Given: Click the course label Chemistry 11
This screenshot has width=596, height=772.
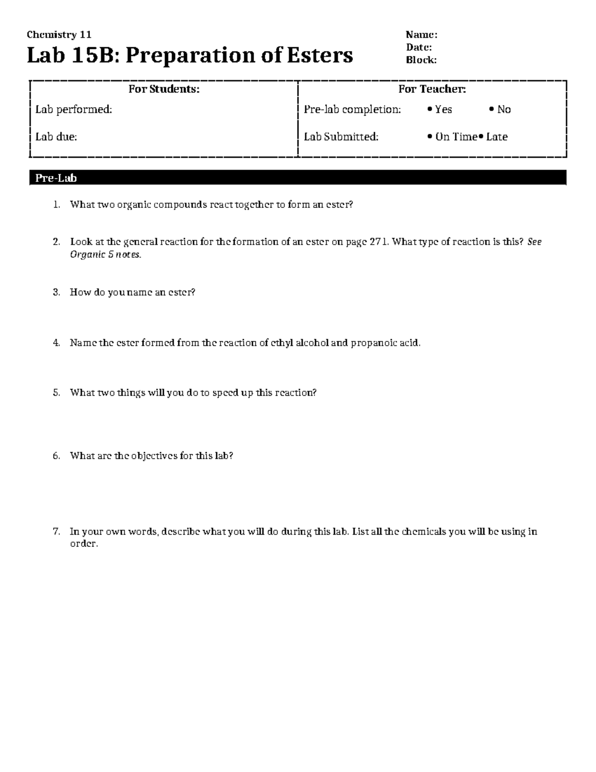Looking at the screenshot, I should coord(59,35).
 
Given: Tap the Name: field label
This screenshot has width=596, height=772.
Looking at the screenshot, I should coord(421,35).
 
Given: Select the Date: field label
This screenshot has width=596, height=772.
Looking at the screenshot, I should coord(419,47).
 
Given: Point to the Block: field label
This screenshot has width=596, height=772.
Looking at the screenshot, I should coord(421,60).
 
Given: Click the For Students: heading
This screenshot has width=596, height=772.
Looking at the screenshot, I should coord(164,89).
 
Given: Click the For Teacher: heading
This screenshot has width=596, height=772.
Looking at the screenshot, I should coord(432,89).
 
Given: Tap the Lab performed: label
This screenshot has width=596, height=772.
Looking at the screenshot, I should coord(74,109).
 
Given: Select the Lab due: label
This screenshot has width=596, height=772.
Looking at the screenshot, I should coord(56,137).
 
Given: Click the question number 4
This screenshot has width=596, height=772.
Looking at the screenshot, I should coord(56,343).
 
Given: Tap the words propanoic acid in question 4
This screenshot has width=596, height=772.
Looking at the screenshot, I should coord(385,343).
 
